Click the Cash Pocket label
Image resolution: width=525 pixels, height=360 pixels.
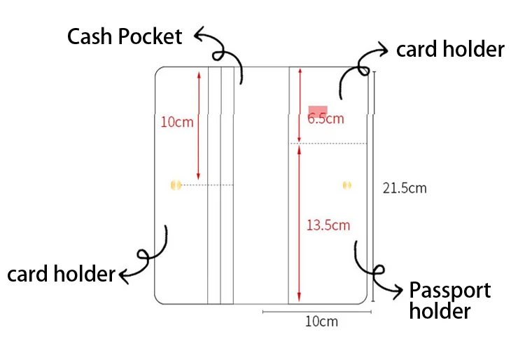click(x=125, y=36)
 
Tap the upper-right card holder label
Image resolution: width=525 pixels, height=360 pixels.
click(x=450, y=50)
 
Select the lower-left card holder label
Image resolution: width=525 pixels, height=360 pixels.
click(x=60, y=274)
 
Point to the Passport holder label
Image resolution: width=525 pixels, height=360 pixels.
click(x=449, y=300)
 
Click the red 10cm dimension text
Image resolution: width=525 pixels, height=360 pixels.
click(x=176, y=122)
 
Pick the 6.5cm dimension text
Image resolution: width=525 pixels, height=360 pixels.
click(x=326, y=118)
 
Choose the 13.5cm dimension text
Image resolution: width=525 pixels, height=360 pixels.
click(x=328, y=225)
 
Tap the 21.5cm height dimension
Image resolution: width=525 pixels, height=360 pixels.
click(x=405, y=188)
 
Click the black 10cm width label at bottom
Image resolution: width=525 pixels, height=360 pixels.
click(x=321, y=321)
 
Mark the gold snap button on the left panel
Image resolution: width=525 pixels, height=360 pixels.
click(x=176, y=185)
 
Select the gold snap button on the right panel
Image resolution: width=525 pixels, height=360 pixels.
click(x=346, y=185)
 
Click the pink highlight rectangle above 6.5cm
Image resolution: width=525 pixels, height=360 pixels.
click(x=318, y=111)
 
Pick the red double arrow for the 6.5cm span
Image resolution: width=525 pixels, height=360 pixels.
click(x=300, y=105)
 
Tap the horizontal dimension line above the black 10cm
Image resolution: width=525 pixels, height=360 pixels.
click(x=316, y=311)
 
